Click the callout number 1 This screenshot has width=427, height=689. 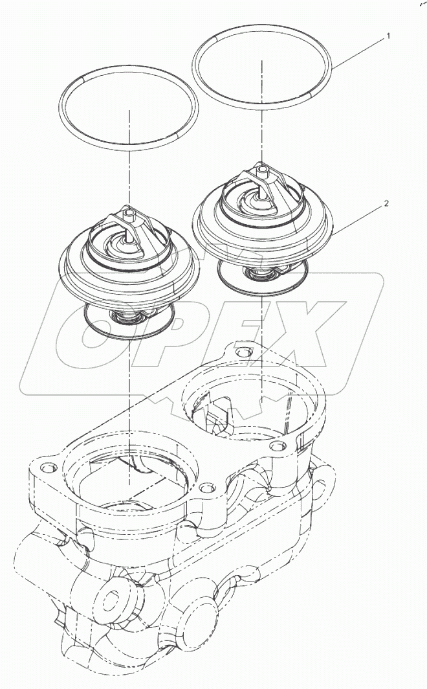(388, 37)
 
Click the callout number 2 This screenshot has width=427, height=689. (386, 203)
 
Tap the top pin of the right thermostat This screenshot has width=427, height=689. (262, 171)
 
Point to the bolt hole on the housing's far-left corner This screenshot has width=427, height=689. (45, 466)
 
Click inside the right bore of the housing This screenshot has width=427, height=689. (259, 405)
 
